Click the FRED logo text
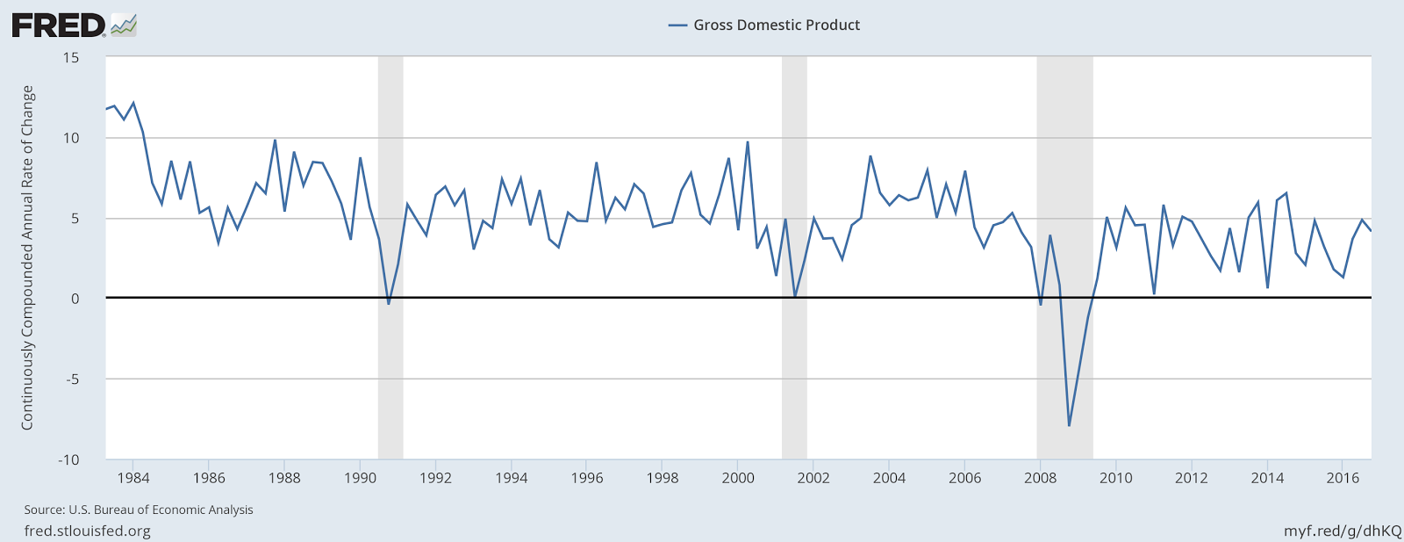(x=59, y=25)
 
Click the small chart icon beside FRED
(x=124, y=25)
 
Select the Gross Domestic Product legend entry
(x=764, y=25)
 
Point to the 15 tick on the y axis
(x=71, y=58)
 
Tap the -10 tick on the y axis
(x=68, y=459)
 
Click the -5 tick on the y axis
(x=71, y=379)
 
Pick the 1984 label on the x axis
(x=133, y=478)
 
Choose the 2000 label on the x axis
(x=738, y=478)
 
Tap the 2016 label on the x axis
(x=1343, y=478)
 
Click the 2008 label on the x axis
(x=1041, y=478)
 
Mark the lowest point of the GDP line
(x=1069, y=426)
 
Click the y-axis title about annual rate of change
(x=27, y=258)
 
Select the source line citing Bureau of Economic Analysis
(x=139, y=510)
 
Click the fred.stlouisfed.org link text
(x=87, y=531)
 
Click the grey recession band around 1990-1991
(x=390, y=258)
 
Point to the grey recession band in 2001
(x=794, y=258)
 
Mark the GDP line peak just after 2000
(x=747, y=142)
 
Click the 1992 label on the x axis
(x=435, y=478)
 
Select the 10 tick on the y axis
(x=71, y=138)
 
